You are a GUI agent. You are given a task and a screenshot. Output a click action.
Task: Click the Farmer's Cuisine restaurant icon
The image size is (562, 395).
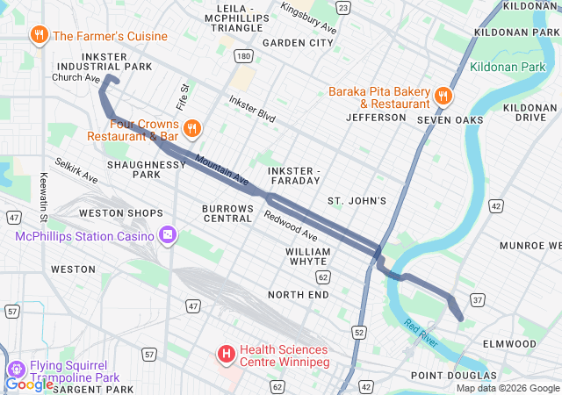(40, 36)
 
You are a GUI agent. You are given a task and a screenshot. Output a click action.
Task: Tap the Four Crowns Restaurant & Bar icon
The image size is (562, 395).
(193, 128)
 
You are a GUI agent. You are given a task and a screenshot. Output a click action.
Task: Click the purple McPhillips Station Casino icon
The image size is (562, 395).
(167, 235)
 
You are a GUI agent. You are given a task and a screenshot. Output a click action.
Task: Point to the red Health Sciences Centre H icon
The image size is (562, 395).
(227, 354)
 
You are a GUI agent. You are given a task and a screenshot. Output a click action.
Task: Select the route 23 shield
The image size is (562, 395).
(342, 8)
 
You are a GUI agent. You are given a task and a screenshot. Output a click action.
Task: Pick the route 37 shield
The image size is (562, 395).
(479, 301)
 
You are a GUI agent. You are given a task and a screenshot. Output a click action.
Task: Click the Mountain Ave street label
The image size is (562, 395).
(222, 169)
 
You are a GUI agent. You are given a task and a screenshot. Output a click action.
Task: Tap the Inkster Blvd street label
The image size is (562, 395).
(252, 109)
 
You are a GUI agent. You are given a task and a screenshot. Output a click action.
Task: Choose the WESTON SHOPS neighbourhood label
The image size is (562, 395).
(120, 213)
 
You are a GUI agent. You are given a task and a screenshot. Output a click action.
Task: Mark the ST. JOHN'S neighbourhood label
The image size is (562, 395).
(357, 201)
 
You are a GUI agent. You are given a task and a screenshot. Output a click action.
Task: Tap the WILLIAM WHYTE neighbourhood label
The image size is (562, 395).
(308, 257)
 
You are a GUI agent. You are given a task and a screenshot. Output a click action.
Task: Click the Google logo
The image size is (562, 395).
(29, 384)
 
